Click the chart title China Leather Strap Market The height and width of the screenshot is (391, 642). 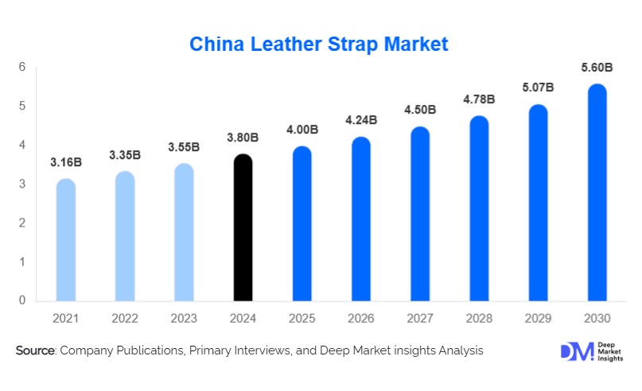click(x=318, y=44)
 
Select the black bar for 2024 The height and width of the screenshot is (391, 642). click(x=243, y=230)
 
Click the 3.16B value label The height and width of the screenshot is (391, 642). click(x=66, y=163)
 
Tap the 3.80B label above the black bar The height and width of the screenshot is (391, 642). click(x=243, y=137)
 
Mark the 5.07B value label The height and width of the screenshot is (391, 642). click(x=538, y=87)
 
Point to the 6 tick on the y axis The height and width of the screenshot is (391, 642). click(x=22, y=67)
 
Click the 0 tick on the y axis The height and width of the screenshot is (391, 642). click(x=22, y=300)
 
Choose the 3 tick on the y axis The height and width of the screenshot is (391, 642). click(x=22, y=184)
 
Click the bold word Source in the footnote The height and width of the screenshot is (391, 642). click(x=34, y=350)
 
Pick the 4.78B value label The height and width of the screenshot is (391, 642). click(x=479, y=99)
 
